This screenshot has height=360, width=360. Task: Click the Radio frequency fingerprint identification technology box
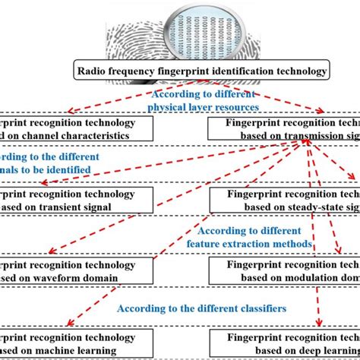pos(201,72)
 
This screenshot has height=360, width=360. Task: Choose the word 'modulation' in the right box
pos(303,279)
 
